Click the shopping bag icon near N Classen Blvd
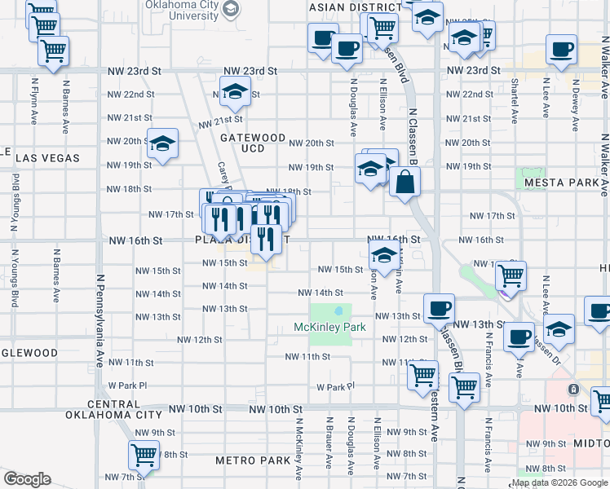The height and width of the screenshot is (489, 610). (404, 183)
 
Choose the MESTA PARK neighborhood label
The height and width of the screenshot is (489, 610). (562, 183)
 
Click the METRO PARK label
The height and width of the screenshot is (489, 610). (253, 460)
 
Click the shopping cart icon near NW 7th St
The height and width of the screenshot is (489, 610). (144, 453)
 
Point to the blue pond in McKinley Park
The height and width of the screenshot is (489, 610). (338, 311)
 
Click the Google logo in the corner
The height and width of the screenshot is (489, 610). (27, 479)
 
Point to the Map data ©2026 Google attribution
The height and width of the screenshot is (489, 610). (559, 482)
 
